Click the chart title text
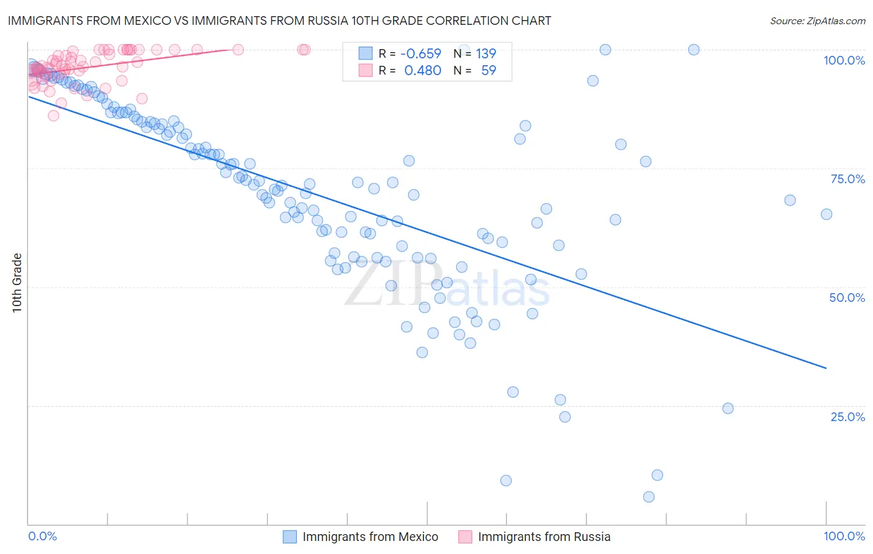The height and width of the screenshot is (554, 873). (279, 20)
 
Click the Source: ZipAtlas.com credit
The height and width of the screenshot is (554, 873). (817, 20)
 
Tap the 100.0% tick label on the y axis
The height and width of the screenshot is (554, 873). (844, 60)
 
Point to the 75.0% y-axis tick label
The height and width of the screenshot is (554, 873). (848, 179)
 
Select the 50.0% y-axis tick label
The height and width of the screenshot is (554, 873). (847, 297)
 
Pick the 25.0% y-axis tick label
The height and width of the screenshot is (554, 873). (848, 417)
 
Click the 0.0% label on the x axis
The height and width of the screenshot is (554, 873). (43, 536)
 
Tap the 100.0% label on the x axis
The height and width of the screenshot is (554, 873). (844, 536)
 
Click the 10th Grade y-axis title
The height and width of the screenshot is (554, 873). (17, 283)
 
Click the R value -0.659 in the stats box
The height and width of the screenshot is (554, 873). (420, 53)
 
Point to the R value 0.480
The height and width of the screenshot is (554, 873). (422, 70)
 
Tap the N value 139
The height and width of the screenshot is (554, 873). (486, 53)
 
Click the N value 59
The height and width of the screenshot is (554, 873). (489, 70)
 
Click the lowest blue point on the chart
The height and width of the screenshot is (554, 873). (649, 497)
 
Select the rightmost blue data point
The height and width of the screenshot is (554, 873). (826, 214)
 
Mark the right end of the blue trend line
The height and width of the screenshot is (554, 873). (826, 368)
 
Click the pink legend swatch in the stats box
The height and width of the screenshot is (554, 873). (366, 70)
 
